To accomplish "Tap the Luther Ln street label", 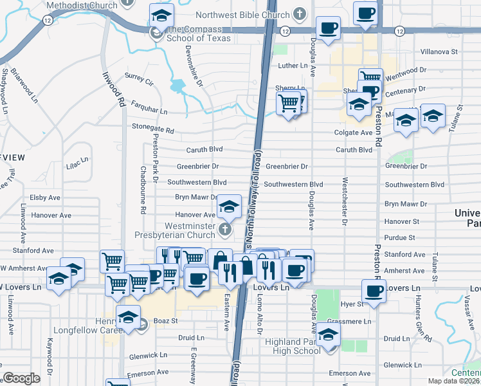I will [293, 66].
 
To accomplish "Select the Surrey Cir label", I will [140, 83].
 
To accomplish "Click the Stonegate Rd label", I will [152, 130].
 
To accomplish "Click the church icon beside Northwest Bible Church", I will [299, 13].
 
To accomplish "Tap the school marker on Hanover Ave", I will [228, 207].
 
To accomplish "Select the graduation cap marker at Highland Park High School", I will [329, 335].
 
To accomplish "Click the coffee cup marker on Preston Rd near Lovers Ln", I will [374, 290].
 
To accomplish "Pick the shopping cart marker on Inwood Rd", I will [113, 261].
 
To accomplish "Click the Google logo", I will [21, 378].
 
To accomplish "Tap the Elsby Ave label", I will [45, 198].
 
